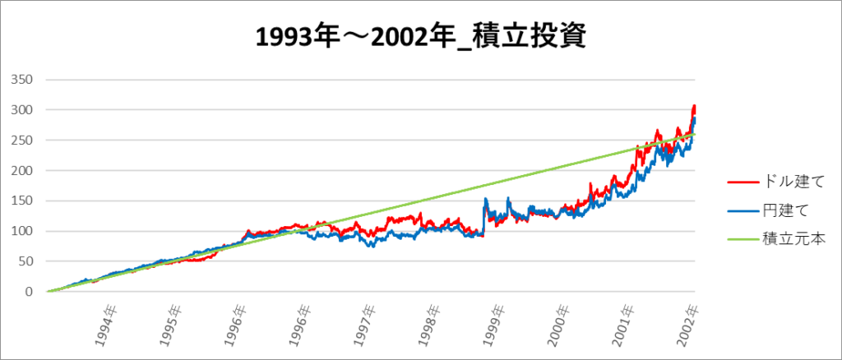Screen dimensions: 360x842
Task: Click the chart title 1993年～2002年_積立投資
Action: (420, 38)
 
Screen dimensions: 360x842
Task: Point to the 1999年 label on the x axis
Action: (493, 323)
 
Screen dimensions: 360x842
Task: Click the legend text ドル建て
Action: (786, 180)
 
